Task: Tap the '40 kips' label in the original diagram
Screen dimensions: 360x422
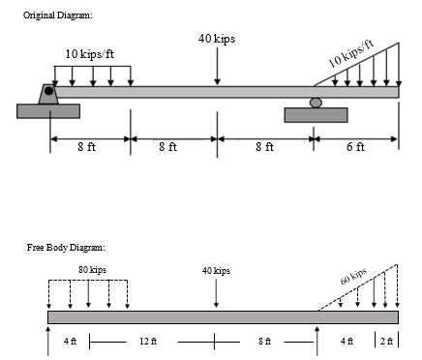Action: (216, 39)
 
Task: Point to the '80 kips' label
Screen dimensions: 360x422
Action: (92, 268)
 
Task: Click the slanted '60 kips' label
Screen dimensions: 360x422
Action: (353, 277)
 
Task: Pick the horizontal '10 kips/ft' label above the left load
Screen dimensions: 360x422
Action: (90, 53)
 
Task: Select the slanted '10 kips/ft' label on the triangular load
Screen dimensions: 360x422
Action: (349, 55)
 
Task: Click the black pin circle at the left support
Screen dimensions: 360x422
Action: (48, 91)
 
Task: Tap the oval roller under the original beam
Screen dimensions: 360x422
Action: (315, 102)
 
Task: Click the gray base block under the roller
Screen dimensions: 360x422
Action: (316, 115)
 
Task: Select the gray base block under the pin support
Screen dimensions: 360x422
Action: (48, 110)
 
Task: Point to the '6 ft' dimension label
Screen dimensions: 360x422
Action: (355, 147)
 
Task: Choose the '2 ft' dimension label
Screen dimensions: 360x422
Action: (387, 342)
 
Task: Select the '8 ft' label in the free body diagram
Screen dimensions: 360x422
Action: (265, 342)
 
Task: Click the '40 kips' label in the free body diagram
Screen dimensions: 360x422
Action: (216, 271)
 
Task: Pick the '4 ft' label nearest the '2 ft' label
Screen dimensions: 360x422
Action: (347, 342)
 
